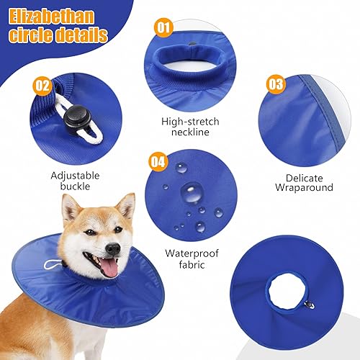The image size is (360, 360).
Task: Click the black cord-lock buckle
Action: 73,116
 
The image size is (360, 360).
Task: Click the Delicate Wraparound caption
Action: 304,181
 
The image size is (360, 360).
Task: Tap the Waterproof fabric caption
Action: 192,258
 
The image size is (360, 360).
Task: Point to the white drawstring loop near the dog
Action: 50,264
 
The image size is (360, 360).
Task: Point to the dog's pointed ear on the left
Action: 70,210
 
